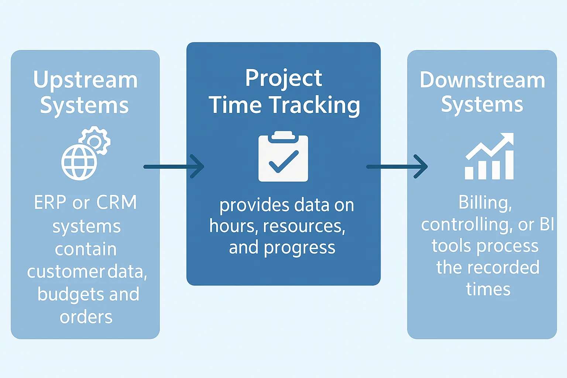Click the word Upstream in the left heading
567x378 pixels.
pos(85,80)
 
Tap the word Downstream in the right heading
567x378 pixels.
pos(482,80)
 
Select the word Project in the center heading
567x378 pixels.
pos(283,78)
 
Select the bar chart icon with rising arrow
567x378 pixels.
pos(489,157)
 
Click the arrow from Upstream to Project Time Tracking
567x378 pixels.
pos(173,166)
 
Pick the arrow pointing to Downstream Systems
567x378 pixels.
pos(397,166)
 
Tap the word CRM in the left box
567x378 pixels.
pos(117,203)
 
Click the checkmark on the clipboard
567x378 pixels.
pos(283,162)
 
